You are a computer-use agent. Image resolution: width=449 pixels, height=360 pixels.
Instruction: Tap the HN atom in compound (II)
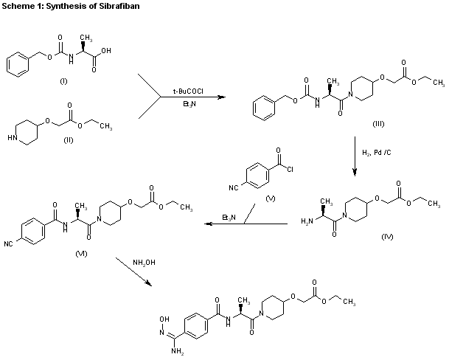pyautogui.click(x=12, y=136)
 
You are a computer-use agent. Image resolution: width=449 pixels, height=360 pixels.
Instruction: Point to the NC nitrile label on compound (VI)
pyautogui.click(x=10, y=242)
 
